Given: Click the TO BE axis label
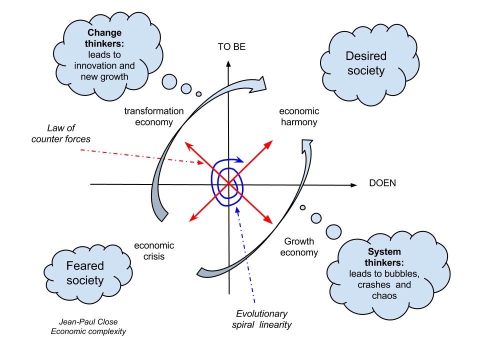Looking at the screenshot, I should [x=231, y=47].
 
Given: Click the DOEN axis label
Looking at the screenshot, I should [x=382, y=183].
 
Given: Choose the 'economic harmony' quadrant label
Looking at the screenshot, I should [x=299, y=116].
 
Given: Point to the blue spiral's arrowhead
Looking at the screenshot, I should [x=241, y=161].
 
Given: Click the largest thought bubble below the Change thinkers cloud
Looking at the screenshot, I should [x=170, y=81].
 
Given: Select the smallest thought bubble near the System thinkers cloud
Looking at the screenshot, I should [x=302, y=208].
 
